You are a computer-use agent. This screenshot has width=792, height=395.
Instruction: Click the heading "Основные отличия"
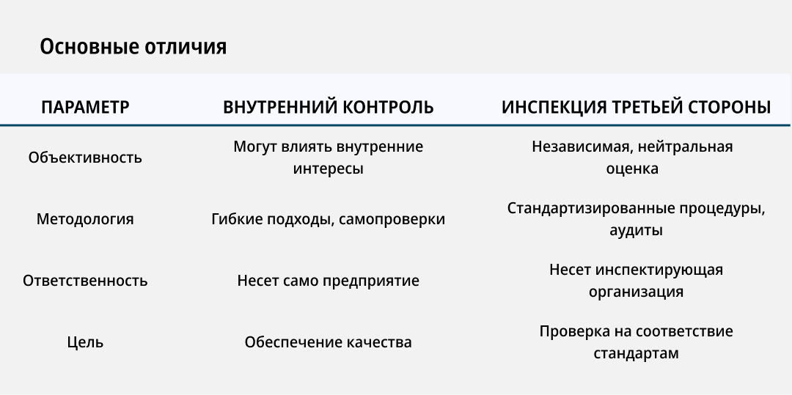tap(133, 47)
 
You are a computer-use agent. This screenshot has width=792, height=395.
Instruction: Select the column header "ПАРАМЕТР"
tap(85, 107)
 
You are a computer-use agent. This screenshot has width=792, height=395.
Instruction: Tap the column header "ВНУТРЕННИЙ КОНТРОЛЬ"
tap(329, 107)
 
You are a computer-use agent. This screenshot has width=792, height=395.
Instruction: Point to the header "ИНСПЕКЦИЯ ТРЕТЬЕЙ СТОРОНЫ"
tap(636, 107)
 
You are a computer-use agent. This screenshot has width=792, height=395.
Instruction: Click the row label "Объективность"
tap(85, 158)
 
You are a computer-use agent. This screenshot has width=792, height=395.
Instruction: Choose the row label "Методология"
tap(85, 219)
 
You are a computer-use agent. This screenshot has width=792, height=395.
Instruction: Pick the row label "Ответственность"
tap(85, 281)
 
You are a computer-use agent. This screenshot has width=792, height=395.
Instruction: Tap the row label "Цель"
tap(85, 342)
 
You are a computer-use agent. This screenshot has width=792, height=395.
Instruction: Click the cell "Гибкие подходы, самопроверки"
tap(329, 219)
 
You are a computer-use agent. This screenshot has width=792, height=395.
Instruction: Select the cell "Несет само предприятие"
tap(329, 281)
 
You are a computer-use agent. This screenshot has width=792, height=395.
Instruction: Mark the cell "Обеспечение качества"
tap(329, 342)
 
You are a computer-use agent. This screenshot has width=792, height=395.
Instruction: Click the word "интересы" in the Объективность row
tap(329, 169)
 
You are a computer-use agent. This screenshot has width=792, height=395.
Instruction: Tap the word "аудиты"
tap(636, 230)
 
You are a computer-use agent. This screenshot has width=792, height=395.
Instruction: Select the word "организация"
tap(636, 292)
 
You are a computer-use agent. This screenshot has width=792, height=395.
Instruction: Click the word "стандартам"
tap(636, 353)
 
